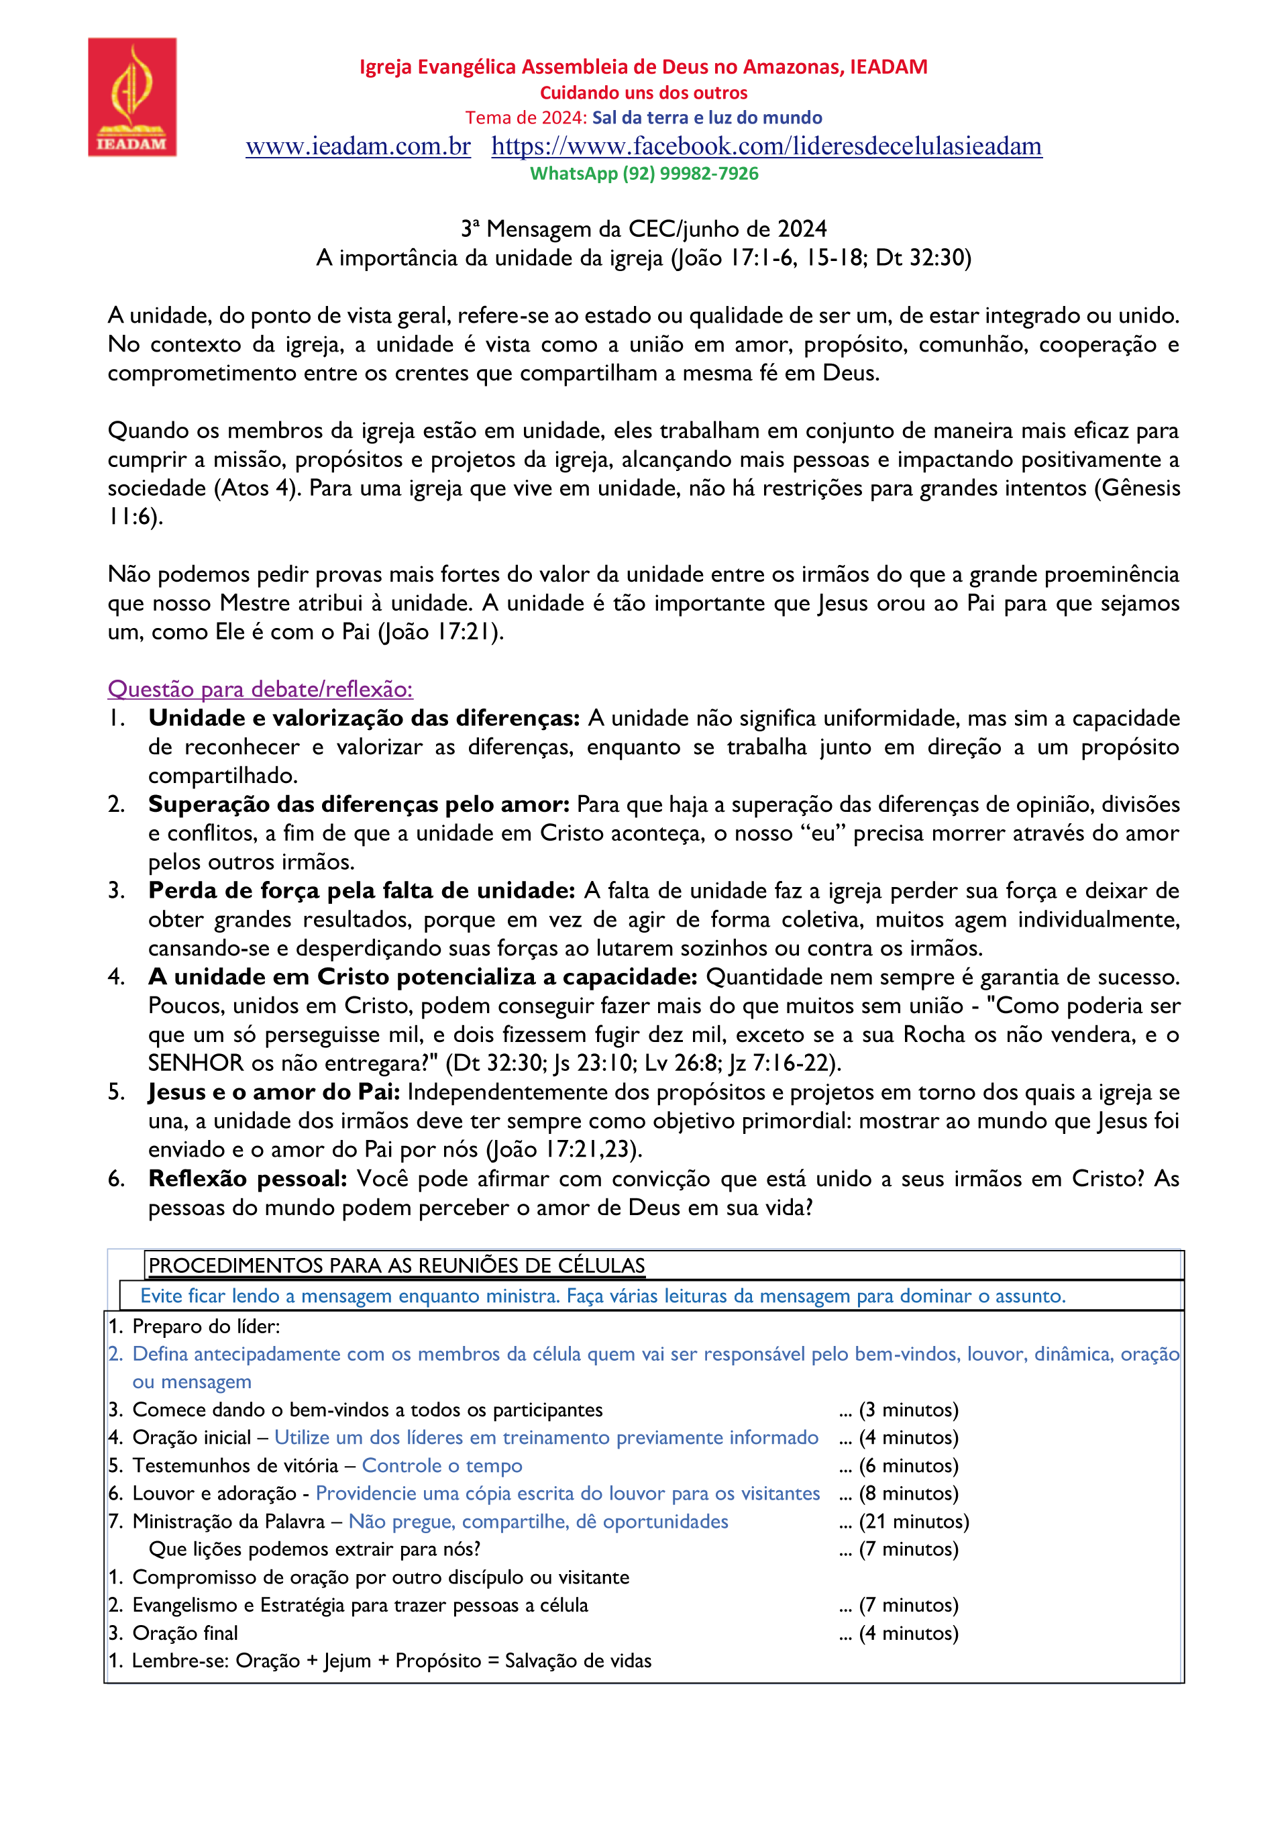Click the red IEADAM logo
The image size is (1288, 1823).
pos(131,97)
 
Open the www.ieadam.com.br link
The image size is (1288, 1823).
pos(358,146)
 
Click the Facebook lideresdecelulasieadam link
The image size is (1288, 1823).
pos(766,146)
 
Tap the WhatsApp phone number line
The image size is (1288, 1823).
pos(644,173)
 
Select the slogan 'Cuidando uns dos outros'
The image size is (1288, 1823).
pos(644,93)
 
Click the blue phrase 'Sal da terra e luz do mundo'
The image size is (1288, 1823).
pos(707,117)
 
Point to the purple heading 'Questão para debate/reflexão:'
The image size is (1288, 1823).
pos(260,689)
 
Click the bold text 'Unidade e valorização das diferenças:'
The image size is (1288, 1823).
pos(364,718)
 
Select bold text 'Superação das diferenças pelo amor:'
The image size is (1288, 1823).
pos(359,804)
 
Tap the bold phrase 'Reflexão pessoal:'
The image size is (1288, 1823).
pos(248,1178)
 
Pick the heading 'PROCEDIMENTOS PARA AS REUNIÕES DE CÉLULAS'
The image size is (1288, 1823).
pos(397,1265)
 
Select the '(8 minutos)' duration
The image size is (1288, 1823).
pos(908,1494)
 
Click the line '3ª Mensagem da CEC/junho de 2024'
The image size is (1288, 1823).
pos(644,229)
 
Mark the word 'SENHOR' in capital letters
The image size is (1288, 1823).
pos(196,1063)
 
